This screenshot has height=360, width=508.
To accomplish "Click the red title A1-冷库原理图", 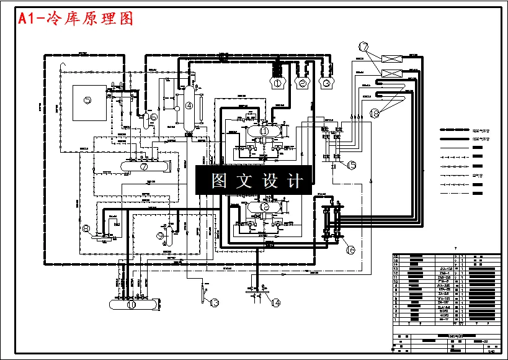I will point(76,19).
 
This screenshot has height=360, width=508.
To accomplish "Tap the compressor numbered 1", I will point(277,82).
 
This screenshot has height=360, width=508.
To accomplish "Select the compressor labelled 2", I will point(303,83).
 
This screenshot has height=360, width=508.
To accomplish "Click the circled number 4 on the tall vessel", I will point(189,106).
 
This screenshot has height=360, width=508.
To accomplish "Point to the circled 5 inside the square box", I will point(87,100).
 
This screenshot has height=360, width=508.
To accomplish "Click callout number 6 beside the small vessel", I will point(153,116).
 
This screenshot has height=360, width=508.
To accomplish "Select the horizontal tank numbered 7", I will point(143,166).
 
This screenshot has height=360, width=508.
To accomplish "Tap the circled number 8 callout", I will point(86,228).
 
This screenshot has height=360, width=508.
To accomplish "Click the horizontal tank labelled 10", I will point(131,305).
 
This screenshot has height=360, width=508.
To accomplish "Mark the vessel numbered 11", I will point(264,132).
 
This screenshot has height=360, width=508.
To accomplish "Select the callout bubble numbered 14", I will point(275,302).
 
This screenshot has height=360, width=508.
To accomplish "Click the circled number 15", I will point(352,165).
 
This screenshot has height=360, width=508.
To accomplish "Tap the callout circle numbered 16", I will point(350,250).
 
